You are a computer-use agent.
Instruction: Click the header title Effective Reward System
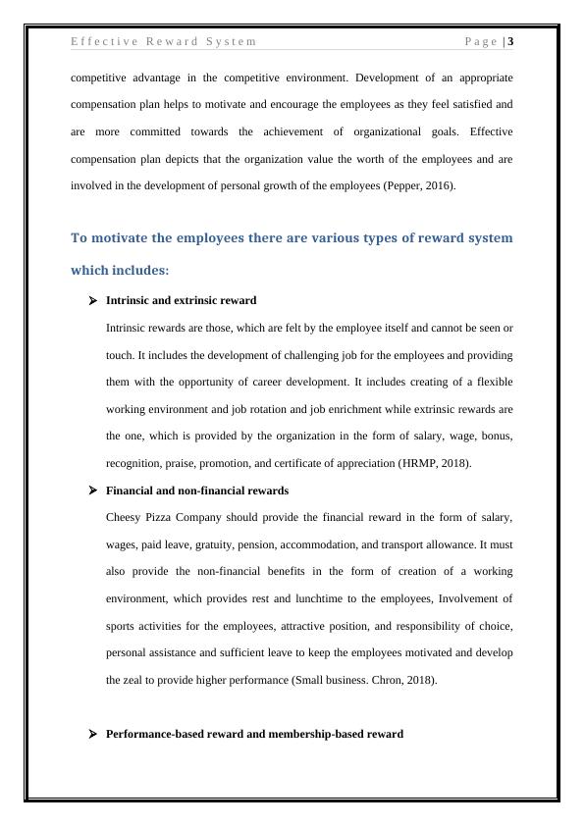[x=164, y=41]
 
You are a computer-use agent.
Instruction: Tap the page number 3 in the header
[x=510, y=41]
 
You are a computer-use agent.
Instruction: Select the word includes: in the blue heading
[x=135, y=270]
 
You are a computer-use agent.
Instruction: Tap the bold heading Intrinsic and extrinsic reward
[x=181, y=300]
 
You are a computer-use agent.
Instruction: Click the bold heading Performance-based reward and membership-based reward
[x=253, y=734]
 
